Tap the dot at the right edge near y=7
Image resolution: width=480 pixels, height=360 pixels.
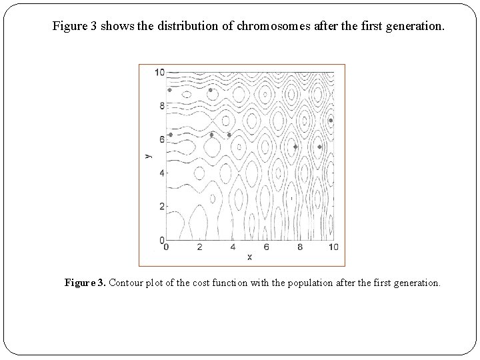[331, 121]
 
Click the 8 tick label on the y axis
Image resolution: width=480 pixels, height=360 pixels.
[161, 105]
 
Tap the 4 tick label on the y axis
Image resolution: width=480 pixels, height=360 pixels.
[161, 173]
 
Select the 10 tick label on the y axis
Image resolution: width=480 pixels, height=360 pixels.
[159, 72]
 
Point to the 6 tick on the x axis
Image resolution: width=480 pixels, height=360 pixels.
[267, 247]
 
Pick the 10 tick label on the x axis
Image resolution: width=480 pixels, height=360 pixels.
[333, 247]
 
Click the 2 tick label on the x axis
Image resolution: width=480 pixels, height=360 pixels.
[199, 247]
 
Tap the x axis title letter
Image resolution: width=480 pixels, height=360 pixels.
[249, 257]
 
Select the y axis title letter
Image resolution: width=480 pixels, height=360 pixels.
[147, 155]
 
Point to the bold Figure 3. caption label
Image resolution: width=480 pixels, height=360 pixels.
[85, 283]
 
